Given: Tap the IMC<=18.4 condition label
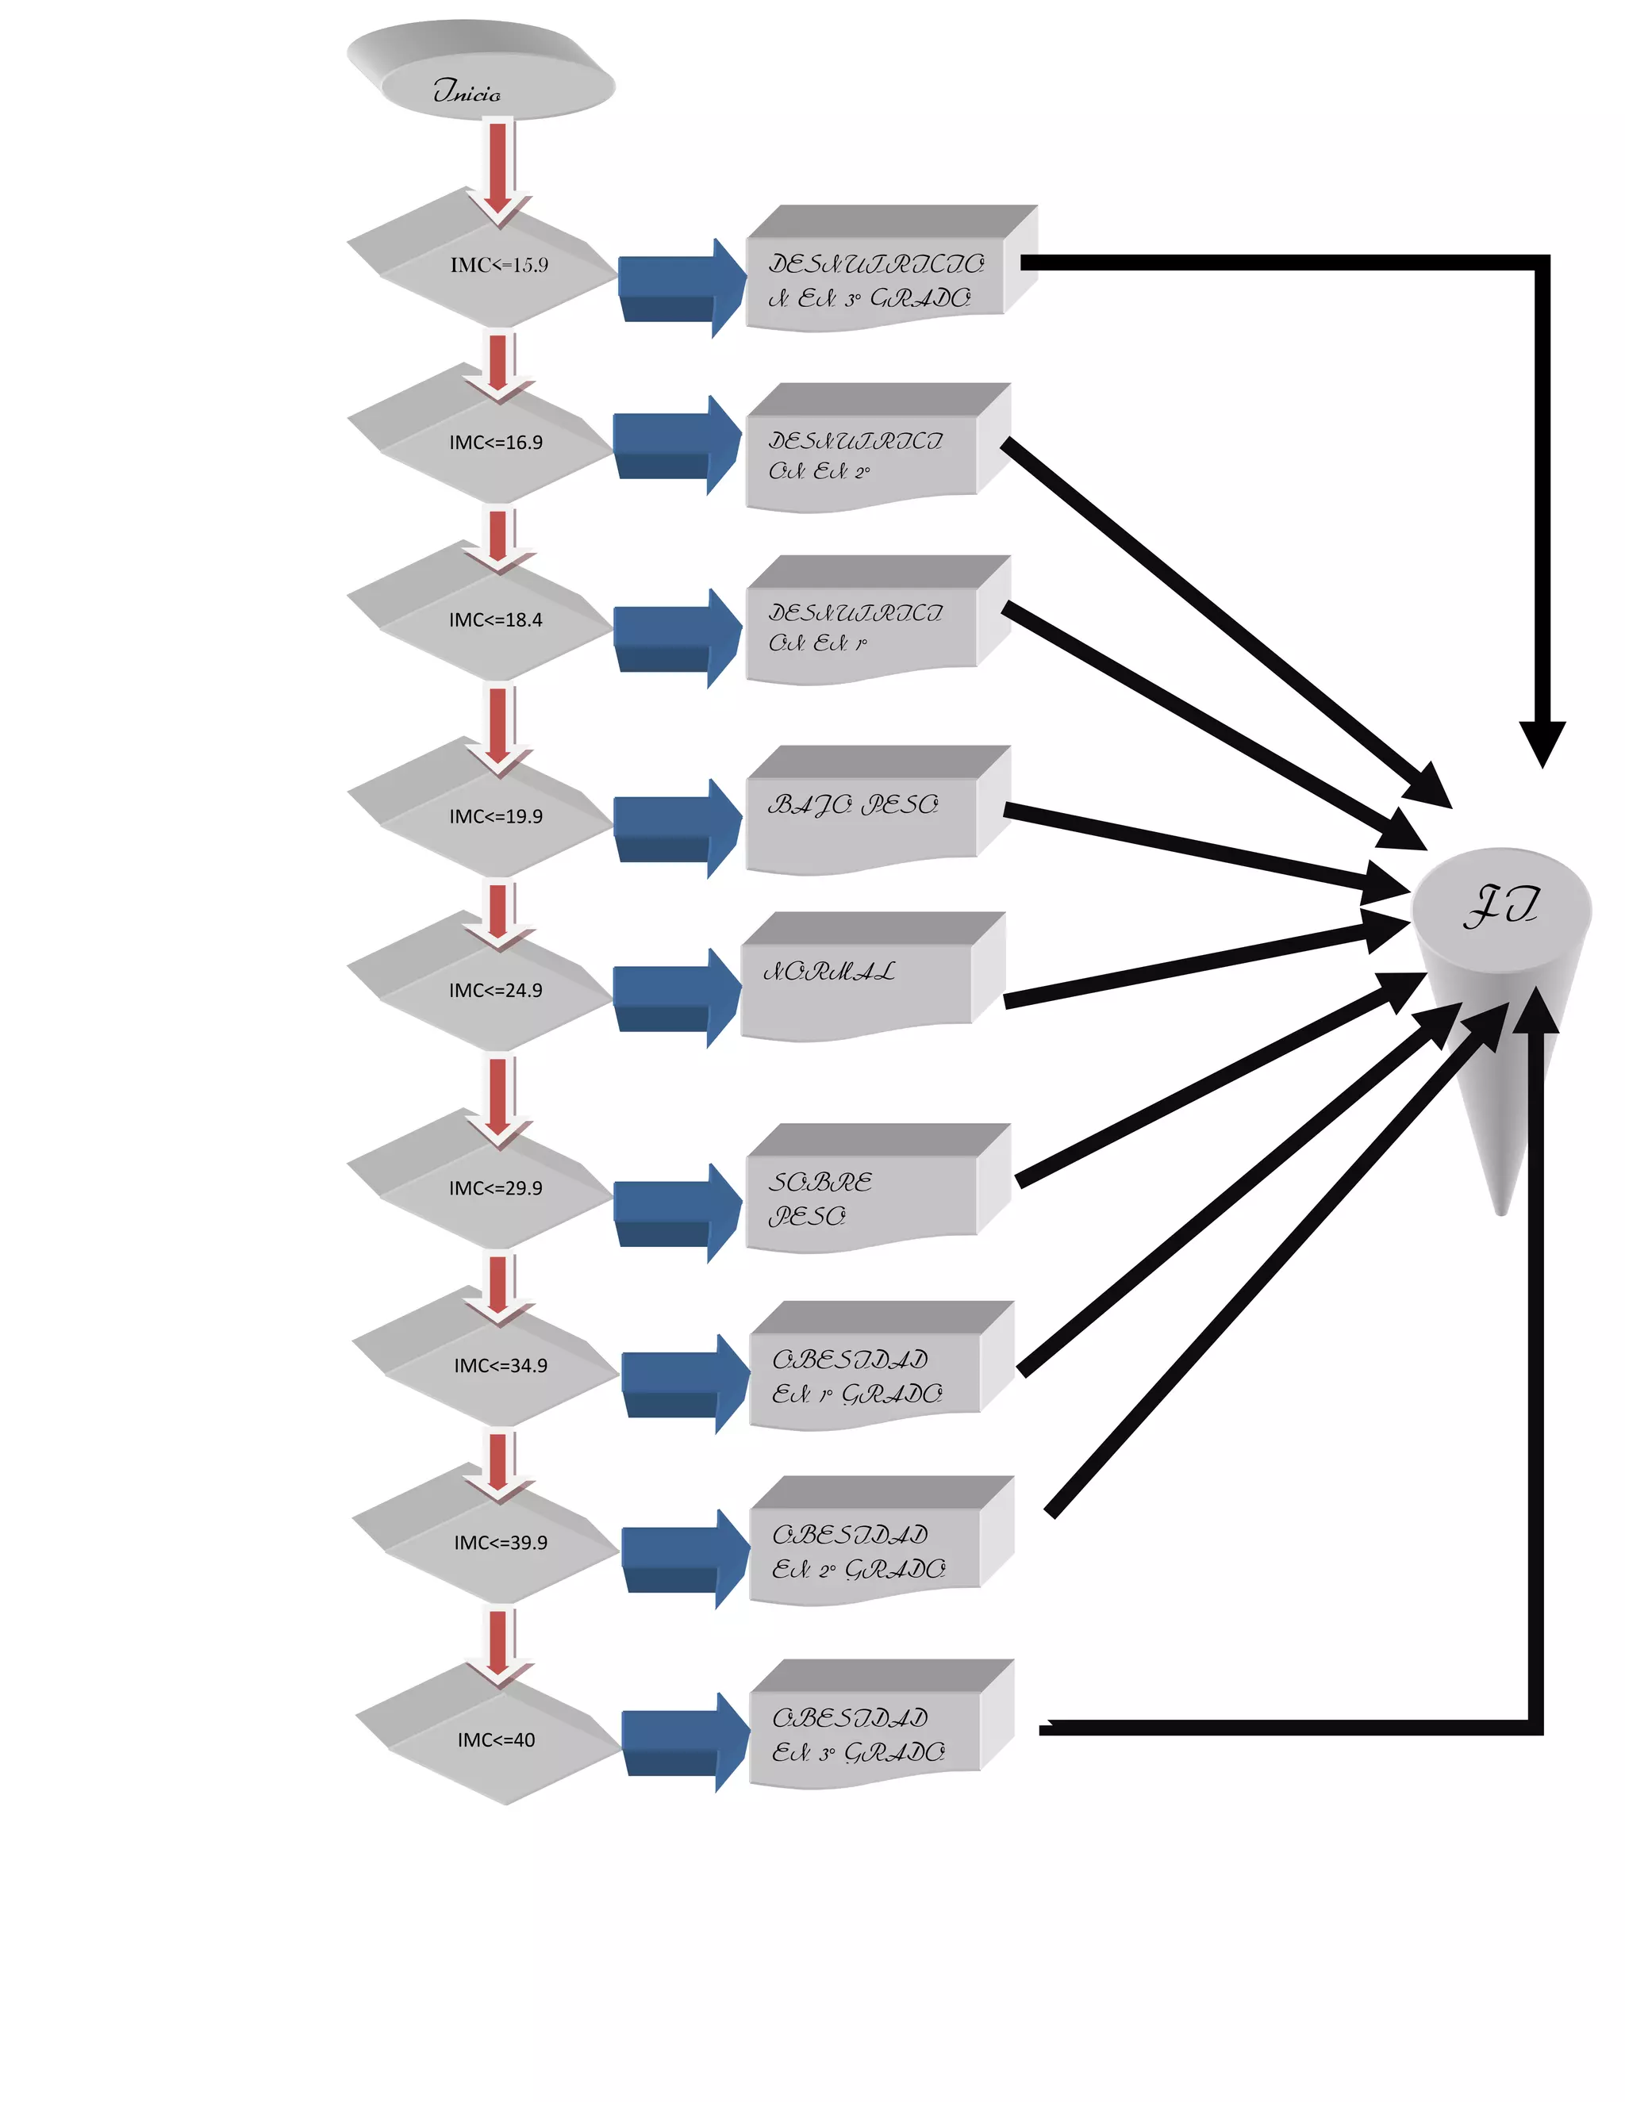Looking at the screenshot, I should [x=496, y=619].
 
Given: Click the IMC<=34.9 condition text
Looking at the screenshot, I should [x=501, y=1365].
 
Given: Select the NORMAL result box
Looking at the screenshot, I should [x=857, y=982].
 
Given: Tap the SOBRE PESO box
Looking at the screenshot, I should [x=862, y=1194].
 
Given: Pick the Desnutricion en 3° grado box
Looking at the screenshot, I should [x=876, y=279].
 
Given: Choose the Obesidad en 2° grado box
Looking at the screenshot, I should [x=866, y=1550].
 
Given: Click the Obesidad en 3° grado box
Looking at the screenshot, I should [x=866, y=1732].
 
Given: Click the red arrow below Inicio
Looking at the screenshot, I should [x=497, y=168].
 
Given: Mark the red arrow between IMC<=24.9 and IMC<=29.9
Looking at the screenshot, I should [x=497, y=1097].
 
